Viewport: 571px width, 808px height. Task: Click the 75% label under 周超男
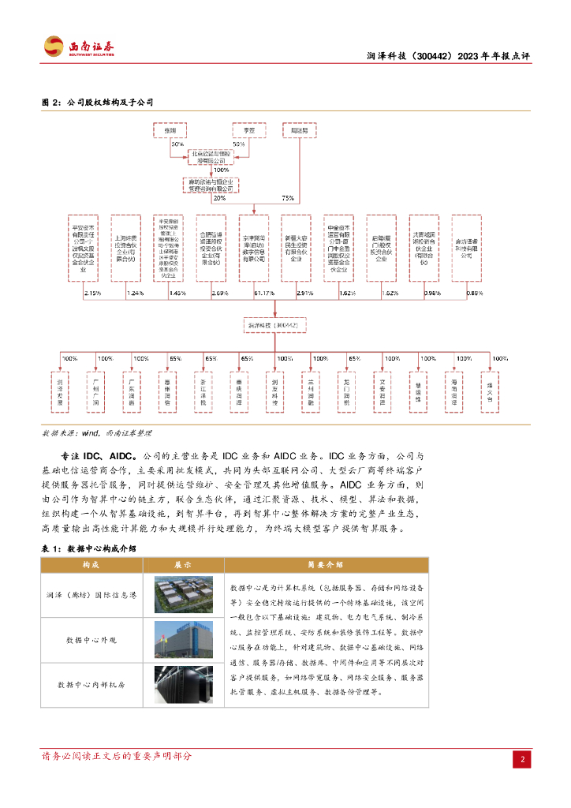[x=288, y=198]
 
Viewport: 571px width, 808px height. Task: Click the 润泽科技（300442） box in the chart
[x=272, y=325]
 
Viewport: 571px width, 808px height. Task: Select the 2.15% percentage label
[x=92, y=294]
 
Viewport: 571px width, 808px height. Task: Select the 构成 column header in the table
[x=91, y=565]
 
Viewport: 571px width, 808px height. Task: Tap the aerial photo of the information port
[x=184, y=594]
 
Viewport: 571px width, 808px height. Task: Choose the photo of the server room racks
[x=184, y=683]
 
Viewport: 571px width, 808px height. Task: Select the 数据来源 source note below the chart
[x=95, y=433]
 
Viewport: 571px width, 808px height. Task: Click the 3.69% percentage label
[x=219, y=294]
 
